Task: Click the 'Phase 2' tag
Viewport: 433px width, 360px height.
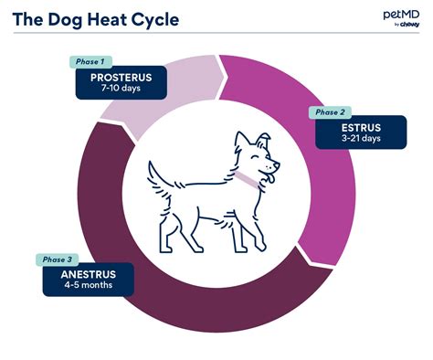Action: pyautogui.click(x=330, y=112)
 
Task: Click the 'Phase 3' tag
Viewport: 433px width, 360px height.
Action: pyautogui.click(x=55, y=259)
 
